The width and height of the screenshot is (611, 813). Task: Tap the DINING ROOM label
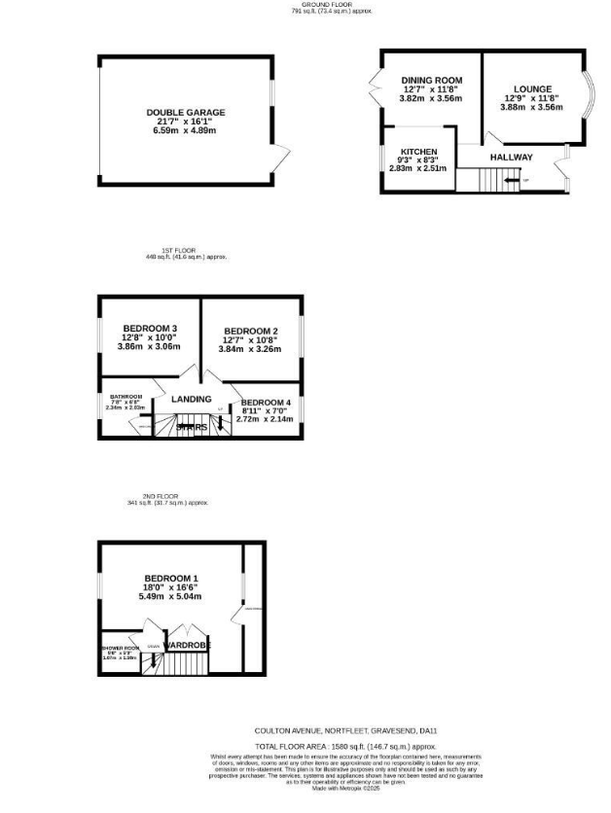coord(432,80)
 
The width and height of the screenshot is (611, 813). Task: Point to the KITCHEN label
coord(419,152)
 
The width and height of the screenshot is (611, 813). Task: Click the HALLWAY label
coord(511,157)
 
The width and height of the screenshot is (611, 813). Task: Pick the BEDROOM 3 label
coord(149,328)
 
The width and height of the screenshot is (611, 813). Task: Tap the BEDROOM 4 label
coord(266,403)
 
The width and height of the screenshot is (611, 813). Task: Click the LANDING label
coord(191,399)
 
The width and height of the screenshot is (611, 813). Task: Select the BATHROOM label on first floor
coord(126,397)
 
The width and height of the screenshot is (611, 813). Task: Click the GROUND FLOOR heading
coord(331,5)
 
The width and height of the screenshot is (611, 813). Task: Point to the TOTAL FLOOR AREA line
coord(330,745)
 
